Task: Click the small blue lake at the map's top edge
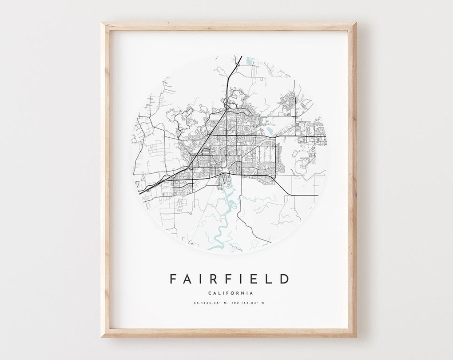pos(248,59)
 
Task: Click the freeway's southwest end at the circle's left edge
pos(139,192)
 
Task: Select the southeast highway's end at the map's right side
pos(317,195)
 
